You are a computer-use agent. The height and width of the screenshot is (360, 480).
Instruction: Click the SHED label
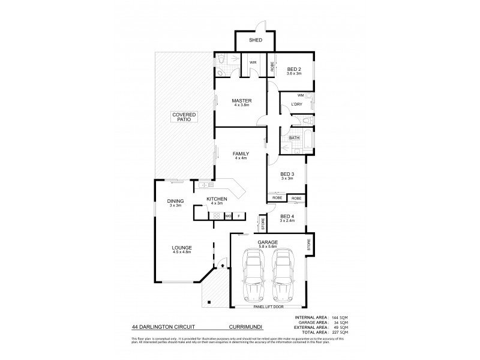tap(256, 41)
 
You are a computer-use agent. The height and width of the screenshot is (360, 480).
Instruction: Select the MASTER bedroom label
tap(242, 100)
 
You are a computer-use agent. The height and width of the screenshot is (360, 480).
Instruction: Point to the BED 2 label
tap(293, 69)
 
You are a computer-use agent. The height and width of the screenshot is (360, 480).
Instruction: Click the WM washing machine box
tap(301, 95)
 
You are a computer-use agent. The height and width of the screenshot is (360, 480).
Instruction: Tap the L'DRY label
tap(295, 105)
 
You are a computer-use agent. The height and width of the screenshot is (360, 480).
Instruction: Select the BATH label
tap(294, 138)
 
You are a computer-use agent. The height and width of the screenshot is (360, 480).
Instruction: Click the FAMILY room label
tap(241, 154)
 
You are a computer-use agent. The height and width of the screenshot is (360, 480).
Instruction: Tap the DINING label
tap(175, 202)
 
